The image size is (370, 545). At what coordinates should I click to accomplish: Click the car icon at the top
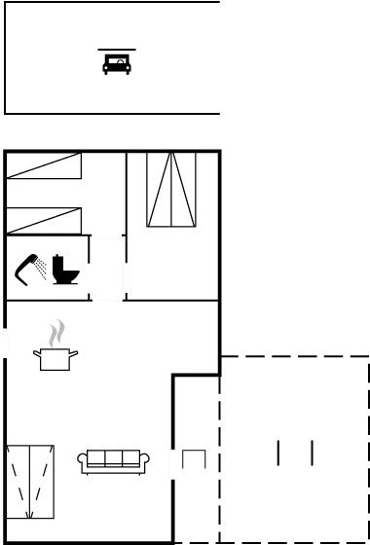click(117, 64)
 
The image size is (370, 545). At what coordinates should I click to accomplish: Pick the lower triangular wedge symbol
click(44, 221)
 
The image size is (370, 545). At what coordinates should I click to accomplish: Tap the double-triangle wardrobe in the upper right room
click(172, 191)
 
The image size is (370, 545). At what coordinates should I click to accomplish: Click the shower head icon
click(34, 266)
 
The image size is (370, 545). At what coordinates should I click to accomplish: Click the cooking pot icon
click(57, 359)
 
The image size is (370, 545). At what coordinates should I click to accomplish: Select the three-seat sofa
click(114, 460)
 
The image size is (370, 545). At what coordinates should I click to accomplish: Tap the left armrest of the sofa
click(84, 460)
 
